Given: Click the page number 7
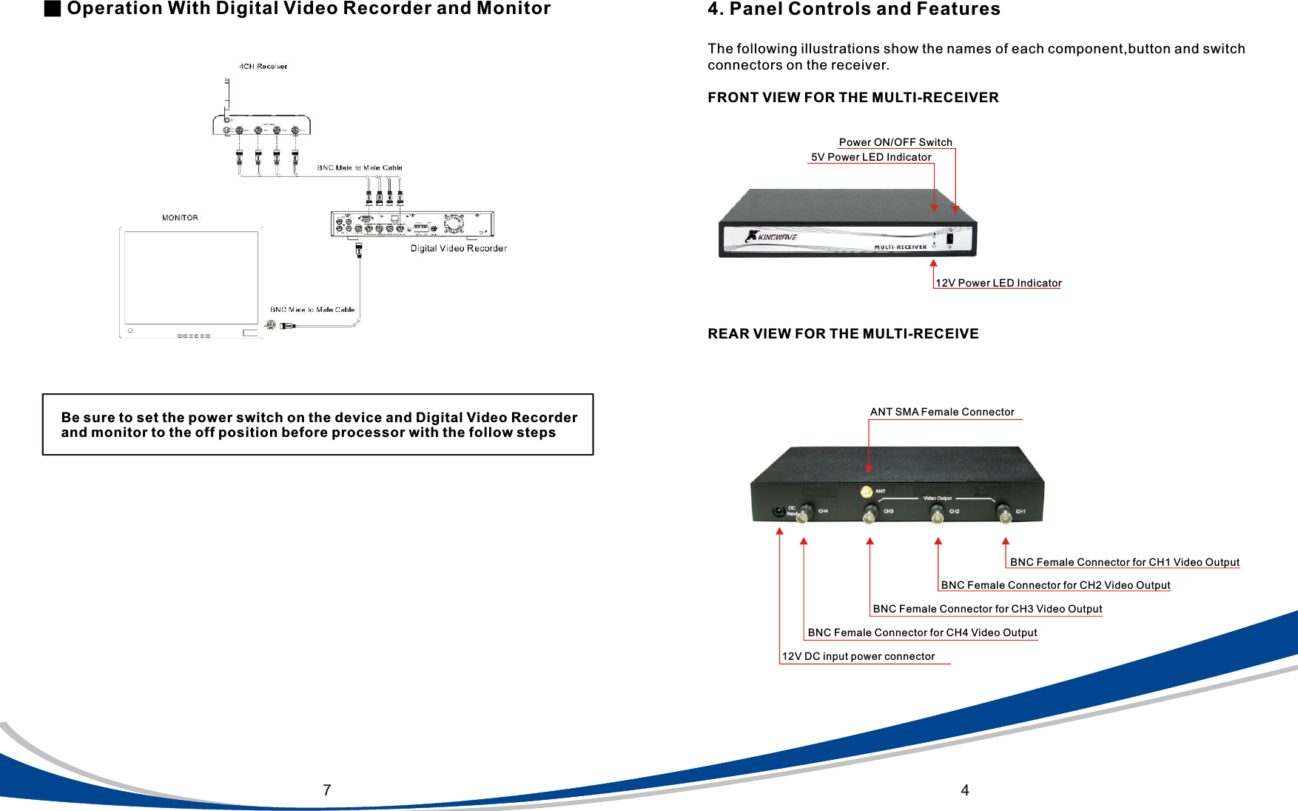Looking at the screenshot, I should [x=326, y=790].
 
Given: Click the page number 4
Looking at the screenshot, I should [x=964, y=790].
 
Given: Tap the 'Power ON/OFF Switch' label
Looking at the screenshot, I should [x=895, y=142].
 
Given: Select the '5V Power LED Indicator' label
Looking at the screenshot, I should [x=871, y=157].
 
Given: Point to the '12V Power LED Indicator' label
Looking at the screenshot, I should [x=998, y=283].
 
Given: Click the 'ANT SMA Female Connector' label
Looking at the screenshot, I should [x=942, y=412].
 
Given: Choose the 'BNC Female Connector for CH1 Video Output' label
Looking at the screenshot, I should [x=1125, y=562].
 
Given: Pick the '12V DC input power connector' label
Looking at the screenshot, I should [x=858, y=656].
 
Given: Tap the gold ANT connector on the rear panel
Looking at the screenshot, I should [x=867, y=492].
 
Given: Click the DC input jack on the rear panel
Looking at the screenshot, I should [x=779, y=511].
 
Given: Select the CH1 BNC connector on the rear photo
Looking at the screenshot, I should [x=1003, y=513].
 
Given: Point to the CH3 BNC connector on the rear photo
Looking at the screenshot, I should [x=870, y=514].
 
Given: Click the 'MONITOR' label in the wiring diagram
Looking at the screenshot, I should [x=180, y=218].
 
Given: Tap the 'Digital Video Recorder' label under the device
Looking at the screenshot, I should [x=459, y=249].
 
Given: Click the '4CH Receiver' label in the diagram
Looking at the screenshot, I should [x=263, y=67].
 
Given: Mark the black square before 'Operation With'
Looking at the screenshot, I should [x=52, y=8].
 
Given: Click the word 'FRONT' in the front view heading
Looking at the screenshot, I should [x=732, y=98].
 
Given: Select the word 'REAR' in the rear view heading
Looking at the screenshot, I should [x=728, y=334].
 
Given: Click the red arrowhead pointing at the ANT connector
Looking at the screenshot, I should [x=869, y=469].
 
